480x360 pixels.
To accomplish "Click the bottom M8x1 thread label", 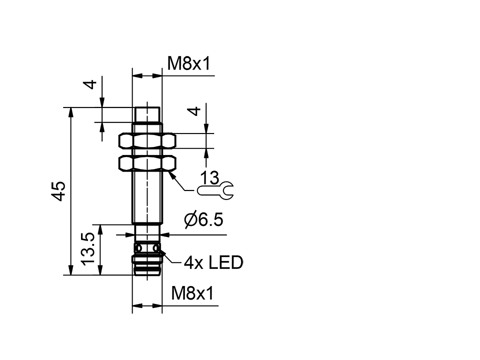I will tap(192, 294).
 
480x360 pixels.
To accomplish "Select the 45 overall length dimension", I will tap(59, 191).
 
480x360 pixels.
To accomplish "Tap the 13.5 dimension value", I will tap(88, 249).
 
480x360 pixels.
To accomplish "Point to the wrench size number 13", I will tap(209, 177).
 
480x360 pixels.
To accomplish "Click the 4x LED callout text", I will tap(213, 262).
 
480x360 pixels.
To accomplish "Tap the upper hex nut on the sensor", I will tap(147, 140).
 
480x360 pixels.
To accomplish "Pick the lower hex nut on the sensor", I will tap(147, 163).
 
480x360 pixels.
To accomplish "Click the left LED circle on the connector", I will tap(138, 248).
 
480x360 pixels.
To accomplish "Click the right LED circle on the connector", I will tap(156, 248).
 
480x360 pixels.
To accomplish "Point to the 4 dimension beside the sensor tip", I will tap(90, 84).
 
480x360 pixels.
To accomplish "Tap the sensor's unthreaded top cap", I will tap(147, 114).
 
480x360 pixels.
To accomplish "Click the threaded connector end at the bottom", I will tap(147, 264).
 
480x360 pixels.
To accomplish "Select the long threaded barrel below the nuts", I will tap(147, 197).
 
